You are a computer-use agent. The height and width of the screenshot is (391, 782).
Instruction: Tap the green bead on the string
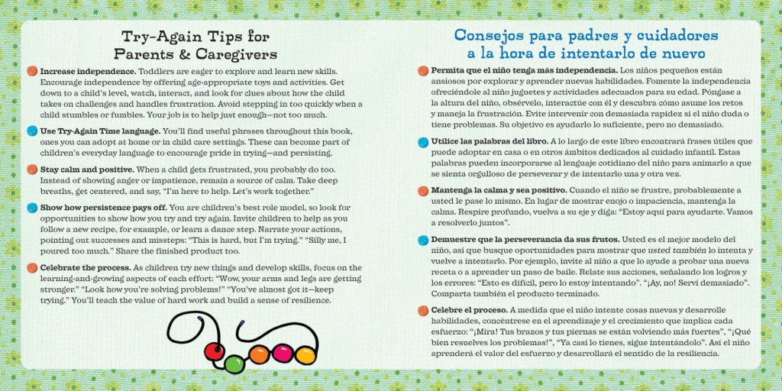coord(234,364)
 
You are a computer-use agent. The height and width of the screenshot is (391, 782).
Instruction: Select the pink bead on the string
coord(283,354)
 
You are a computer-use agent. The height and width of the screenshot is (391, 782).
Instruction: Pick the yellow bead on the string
coord(305,355)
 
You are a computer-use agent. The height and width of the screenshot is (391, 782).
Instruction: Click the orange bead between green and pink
coord(260,354)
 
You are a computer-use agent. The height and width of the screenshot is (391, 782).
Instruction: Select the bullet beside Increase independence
coord(32,71)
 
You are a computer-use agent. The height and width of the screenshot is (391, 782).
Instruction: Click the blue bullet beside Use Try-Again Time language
coord(32,131)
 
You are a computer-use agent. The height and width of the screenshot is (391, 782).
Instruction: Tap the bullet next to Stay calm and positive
coord(32,170)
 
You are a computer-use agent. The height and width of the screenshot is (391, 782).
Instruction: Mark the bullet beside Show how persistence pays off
coord(32,208)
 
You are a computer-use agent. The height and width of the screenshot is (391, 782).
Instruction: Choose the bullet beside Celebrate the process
coord(32,268)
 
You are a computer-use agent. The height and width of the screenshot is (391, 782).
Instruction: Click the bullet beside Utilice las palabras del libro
coord(423,141)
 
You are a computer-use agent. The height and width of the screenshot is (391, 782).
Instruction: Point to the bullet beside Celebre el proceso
coord(423,311)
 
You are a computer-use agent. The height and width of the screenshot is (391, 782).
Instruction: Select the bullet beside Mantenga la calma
coord(423,190)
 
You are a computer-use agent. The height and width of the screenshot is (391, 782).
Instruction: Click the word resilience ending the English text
coord(310,301)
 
